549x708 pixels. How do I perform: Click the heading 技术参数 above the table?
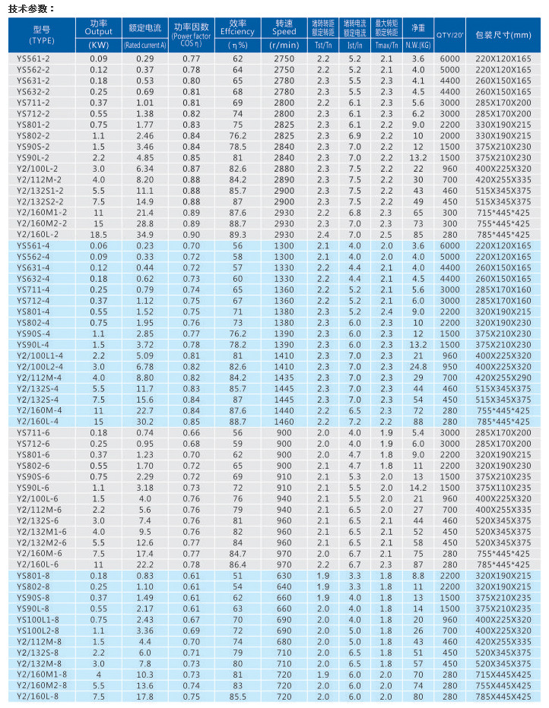click(30, 9)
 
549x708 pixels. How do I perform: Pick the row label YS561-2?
click(33, 58)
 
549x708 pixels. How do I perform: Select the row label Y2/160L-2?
click(41, 235)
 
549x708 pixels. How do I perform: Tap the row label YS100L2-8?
click(38, 630)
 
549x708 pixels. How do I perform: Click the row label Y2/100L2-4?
click(41, 366)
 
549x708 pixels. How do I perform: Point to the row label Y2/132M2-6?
click(41, 542)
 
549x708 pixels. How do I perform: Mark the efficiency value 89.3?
click(237, 235)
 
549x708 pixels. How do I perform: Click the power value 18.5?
click(98, 235)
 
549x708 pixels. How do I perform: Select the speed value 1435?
click(284, 378)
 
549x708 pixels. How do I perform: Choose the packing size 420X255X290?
click(503, 378)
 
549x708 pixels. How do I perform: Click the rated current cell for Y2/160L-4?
click(144, 421)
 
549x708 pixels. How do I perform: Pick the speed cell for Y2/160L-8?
click(284, 696)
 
